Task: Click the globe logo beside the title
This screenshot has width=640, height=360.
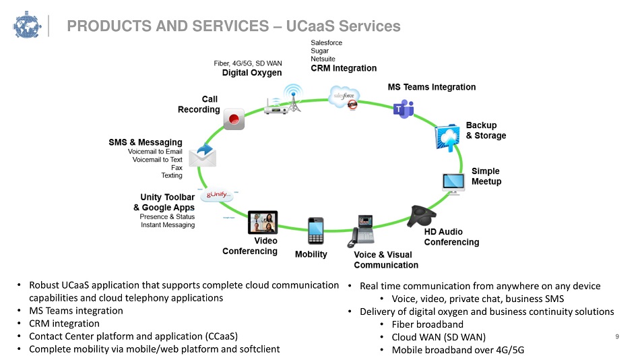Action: click(27, 26)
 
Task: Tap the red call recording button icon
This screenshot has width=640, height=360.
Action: click(234, 119)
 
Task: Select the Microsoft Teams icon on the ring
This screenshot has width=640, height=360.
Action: click(404, 109)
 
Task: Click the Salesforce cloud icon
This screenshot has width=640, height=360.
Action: click(344, 97)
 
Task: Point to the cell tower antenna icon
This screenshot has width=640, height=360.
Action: click(294, 98)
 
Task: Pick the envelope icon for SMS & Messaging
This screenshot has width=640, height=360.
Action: click(203, 156)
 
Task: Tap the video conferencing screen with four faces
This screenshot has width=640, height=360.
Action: click(263, 222)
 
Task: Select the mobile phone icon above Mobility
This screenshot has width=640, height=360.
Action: click(315, 231)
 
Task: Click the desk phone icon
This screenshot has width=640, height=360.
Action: click(361, 231)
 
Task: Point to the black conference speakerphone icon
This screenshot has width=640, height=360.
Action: click(422, 216)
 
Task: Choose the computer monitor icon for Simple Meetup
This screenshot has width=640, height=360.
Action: click(453, 183)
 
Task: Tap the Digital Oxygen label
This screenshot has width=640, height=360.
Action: click(252, 73)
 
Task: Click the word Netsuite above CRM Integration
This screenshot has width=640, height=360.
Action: click(323, 59)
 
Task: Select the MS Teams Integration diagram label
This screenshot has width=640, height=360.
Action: click(432, 87)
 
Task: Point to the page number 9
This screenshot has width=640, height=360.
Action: click(617, 336)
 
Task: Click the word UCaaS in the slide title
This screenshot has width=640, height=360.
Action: click(310, 26)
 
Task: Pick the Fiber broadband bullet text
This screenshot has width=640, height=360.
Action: click(427, 324)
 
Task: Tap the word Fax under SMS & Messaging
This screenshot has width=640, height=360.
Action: click(177, 168)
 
